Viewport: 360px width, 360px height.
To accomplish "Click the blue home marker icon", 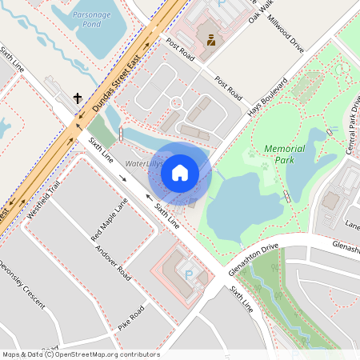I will tap(179, 172).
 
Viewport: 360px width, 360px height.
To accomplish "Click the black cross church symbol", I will tap(78, 98).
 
